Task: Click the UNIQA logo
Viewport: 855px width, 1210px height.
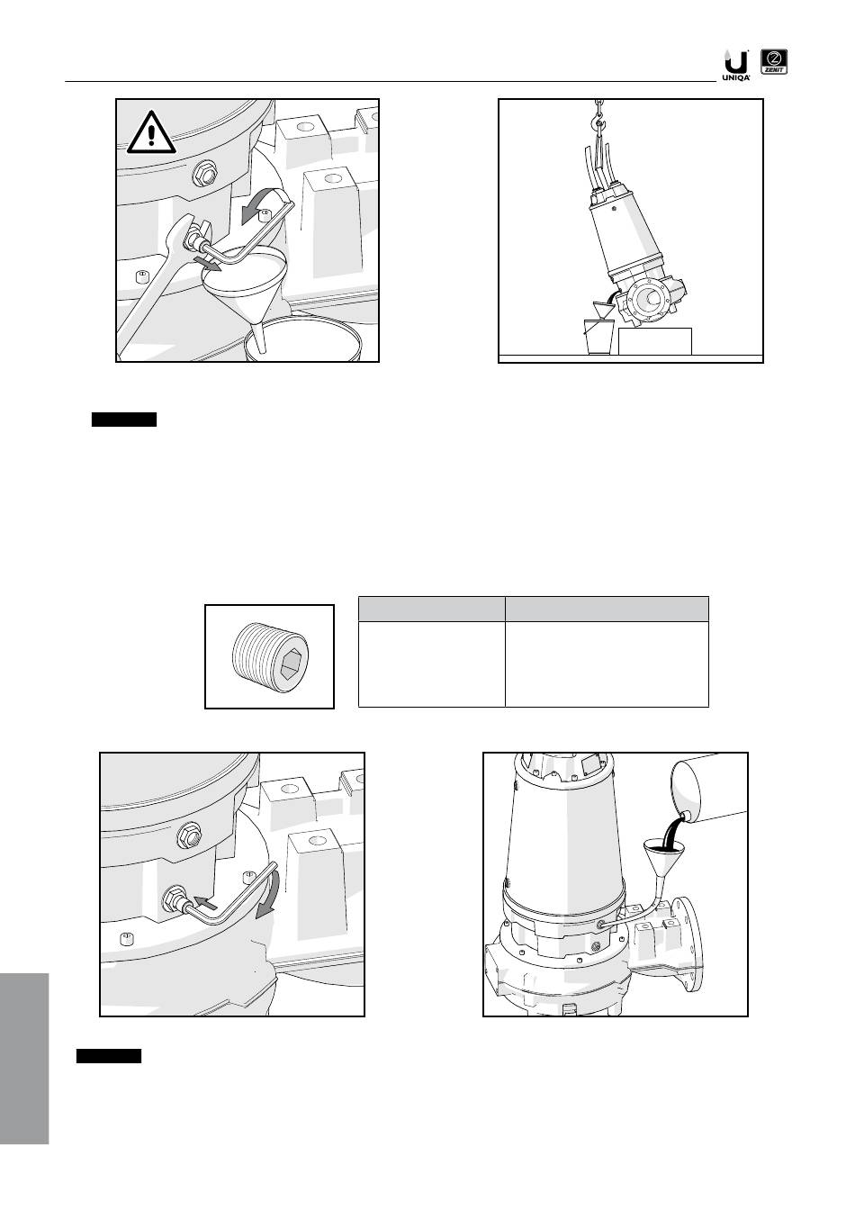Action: click(736, 66)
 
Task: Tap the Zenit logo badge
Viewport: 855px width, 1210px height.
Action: click(773, 61)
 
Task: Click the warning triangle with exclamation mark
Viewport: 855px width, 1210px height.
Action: click(151, 132)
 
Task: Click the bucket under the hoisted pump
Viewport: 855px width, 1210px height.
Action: click(599, 337)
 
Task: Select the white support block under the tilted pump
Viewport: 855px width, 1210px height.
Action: click(654, 341)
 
